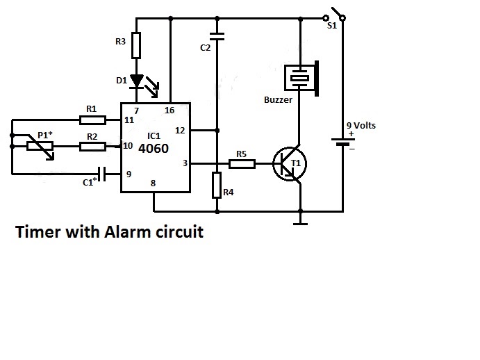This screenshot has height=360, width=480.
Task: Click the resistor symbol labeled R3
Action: (x=137, y=45)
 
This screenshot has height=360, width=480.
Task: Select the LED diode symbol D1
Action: (x=137, y=82)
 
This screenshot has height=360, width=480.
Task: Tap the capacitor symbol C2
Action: (x=217, y=36)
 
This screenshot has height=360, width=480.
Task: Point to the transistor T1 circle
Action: (x=290, y=164)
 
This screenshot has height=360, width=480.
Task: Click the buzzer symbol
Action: (x=301, y=78)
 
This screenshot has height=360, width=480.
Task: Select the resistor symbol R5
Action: (x=242, y=164)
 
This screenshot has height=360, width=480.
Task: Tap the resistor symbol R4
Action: (x=217, y=186)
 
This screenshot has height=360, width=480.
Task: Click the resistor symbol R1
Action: (x=91, y=120)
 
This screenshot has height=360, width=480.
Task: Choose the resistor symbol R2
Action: (x=91, y=146)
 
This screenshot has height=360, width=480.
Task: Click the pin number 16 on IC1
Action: (x=169, y=111)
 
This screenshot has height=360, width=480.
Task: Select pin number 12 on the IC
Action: (x=180, y=130)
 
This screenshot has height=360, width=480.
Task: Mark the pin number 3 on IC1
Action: (x=184, y=163)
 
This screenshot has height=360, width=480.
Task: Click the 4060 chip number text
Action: (x=153, y=148)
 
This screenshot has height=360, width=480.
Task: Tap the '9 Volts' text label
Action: (x=361, y=126)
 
